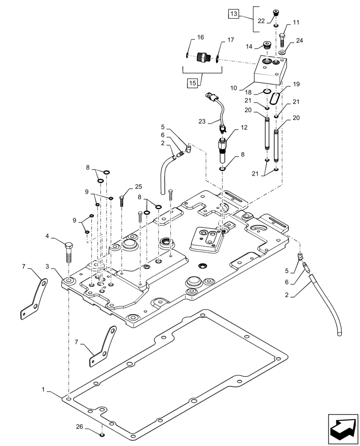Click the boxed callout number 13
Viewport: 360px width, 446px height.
click(234, 14)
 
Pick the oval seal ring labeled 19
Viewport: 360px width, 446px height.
click(276, 99)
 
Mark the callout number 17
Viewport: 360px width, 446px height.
click(230, 40)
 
